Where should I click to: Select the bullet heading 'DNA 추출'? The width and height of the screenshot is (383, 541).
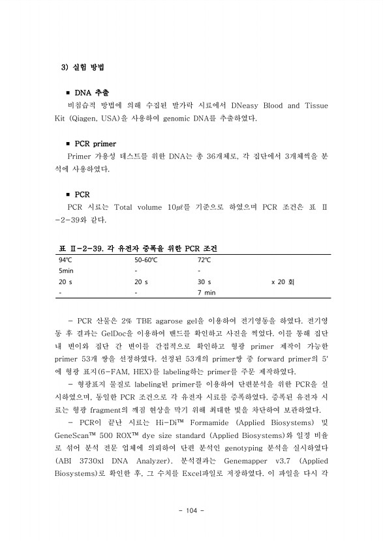click(91, 93)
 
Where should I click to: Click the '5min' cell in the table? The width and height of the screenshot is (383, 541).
click(67, 270)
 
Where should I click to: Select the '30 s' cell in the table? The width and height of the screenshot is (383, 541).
click(204, 282)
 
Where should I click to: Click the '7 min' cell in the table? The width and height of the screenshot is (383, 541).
click(206, 293)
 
